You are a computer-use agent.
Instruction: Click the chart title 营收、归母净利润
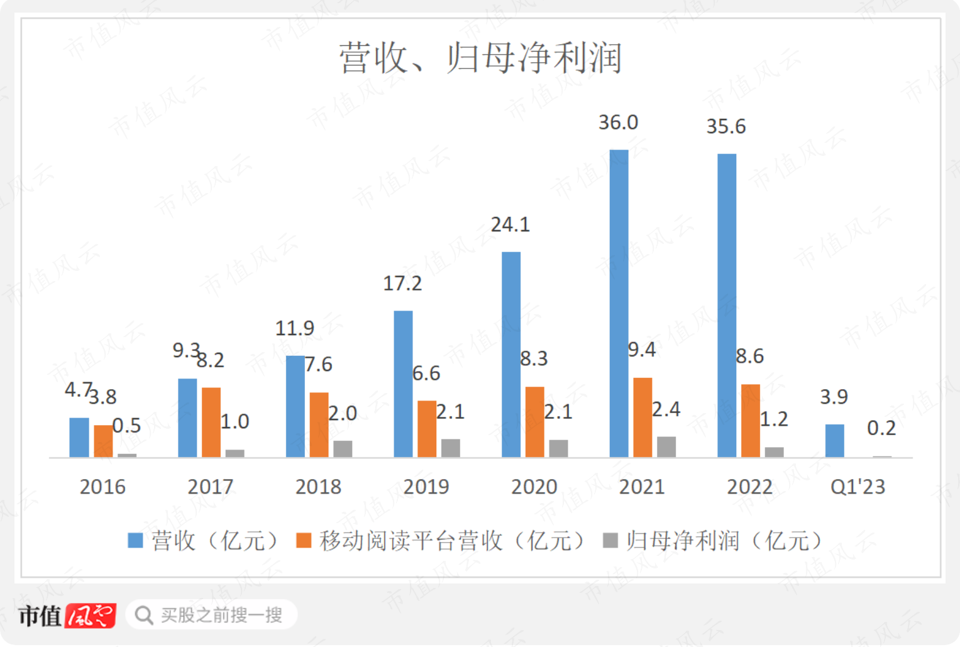coord(481,58)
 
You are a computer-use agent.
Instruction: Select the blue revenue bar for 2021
coord(619,303)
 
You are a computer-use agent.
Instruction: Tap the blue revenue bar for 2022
coord(727,306)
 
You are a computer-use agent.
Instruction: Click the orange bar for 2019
coord(427,429)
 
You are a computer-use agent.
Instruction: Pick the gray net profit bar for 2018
coord(343,448)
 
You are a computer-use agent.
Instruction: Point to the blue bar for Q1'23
coord(834,441)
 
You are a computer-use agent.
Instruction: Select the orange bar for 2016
coord(103,441)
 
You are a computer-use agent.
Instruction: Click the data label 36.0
coord(618,123)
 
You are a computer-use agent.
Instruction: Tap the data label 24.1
coord(510,224)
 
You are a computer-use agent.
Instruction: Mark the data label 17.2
coord(402,284)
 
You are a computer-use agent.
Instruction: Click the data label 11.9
coord(294,328)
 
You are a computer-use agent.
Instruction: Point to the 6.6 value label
coord(426,373)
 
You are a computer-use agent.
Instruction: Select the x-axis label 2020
coord(534,487)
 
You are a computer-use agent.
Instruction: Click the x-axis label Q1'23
coord(858,487)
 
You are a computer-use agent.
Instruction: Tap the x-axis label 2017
coord(210,487)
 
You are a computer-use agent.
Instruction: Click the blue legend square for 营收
coord(135,541)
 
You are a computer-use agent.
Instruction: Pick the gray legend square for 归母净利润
coord(610,541)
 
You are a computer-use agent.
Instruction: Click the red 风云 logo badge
coord(91,616)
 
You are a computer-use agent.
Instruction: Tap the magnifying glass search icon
coord(144,615)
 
